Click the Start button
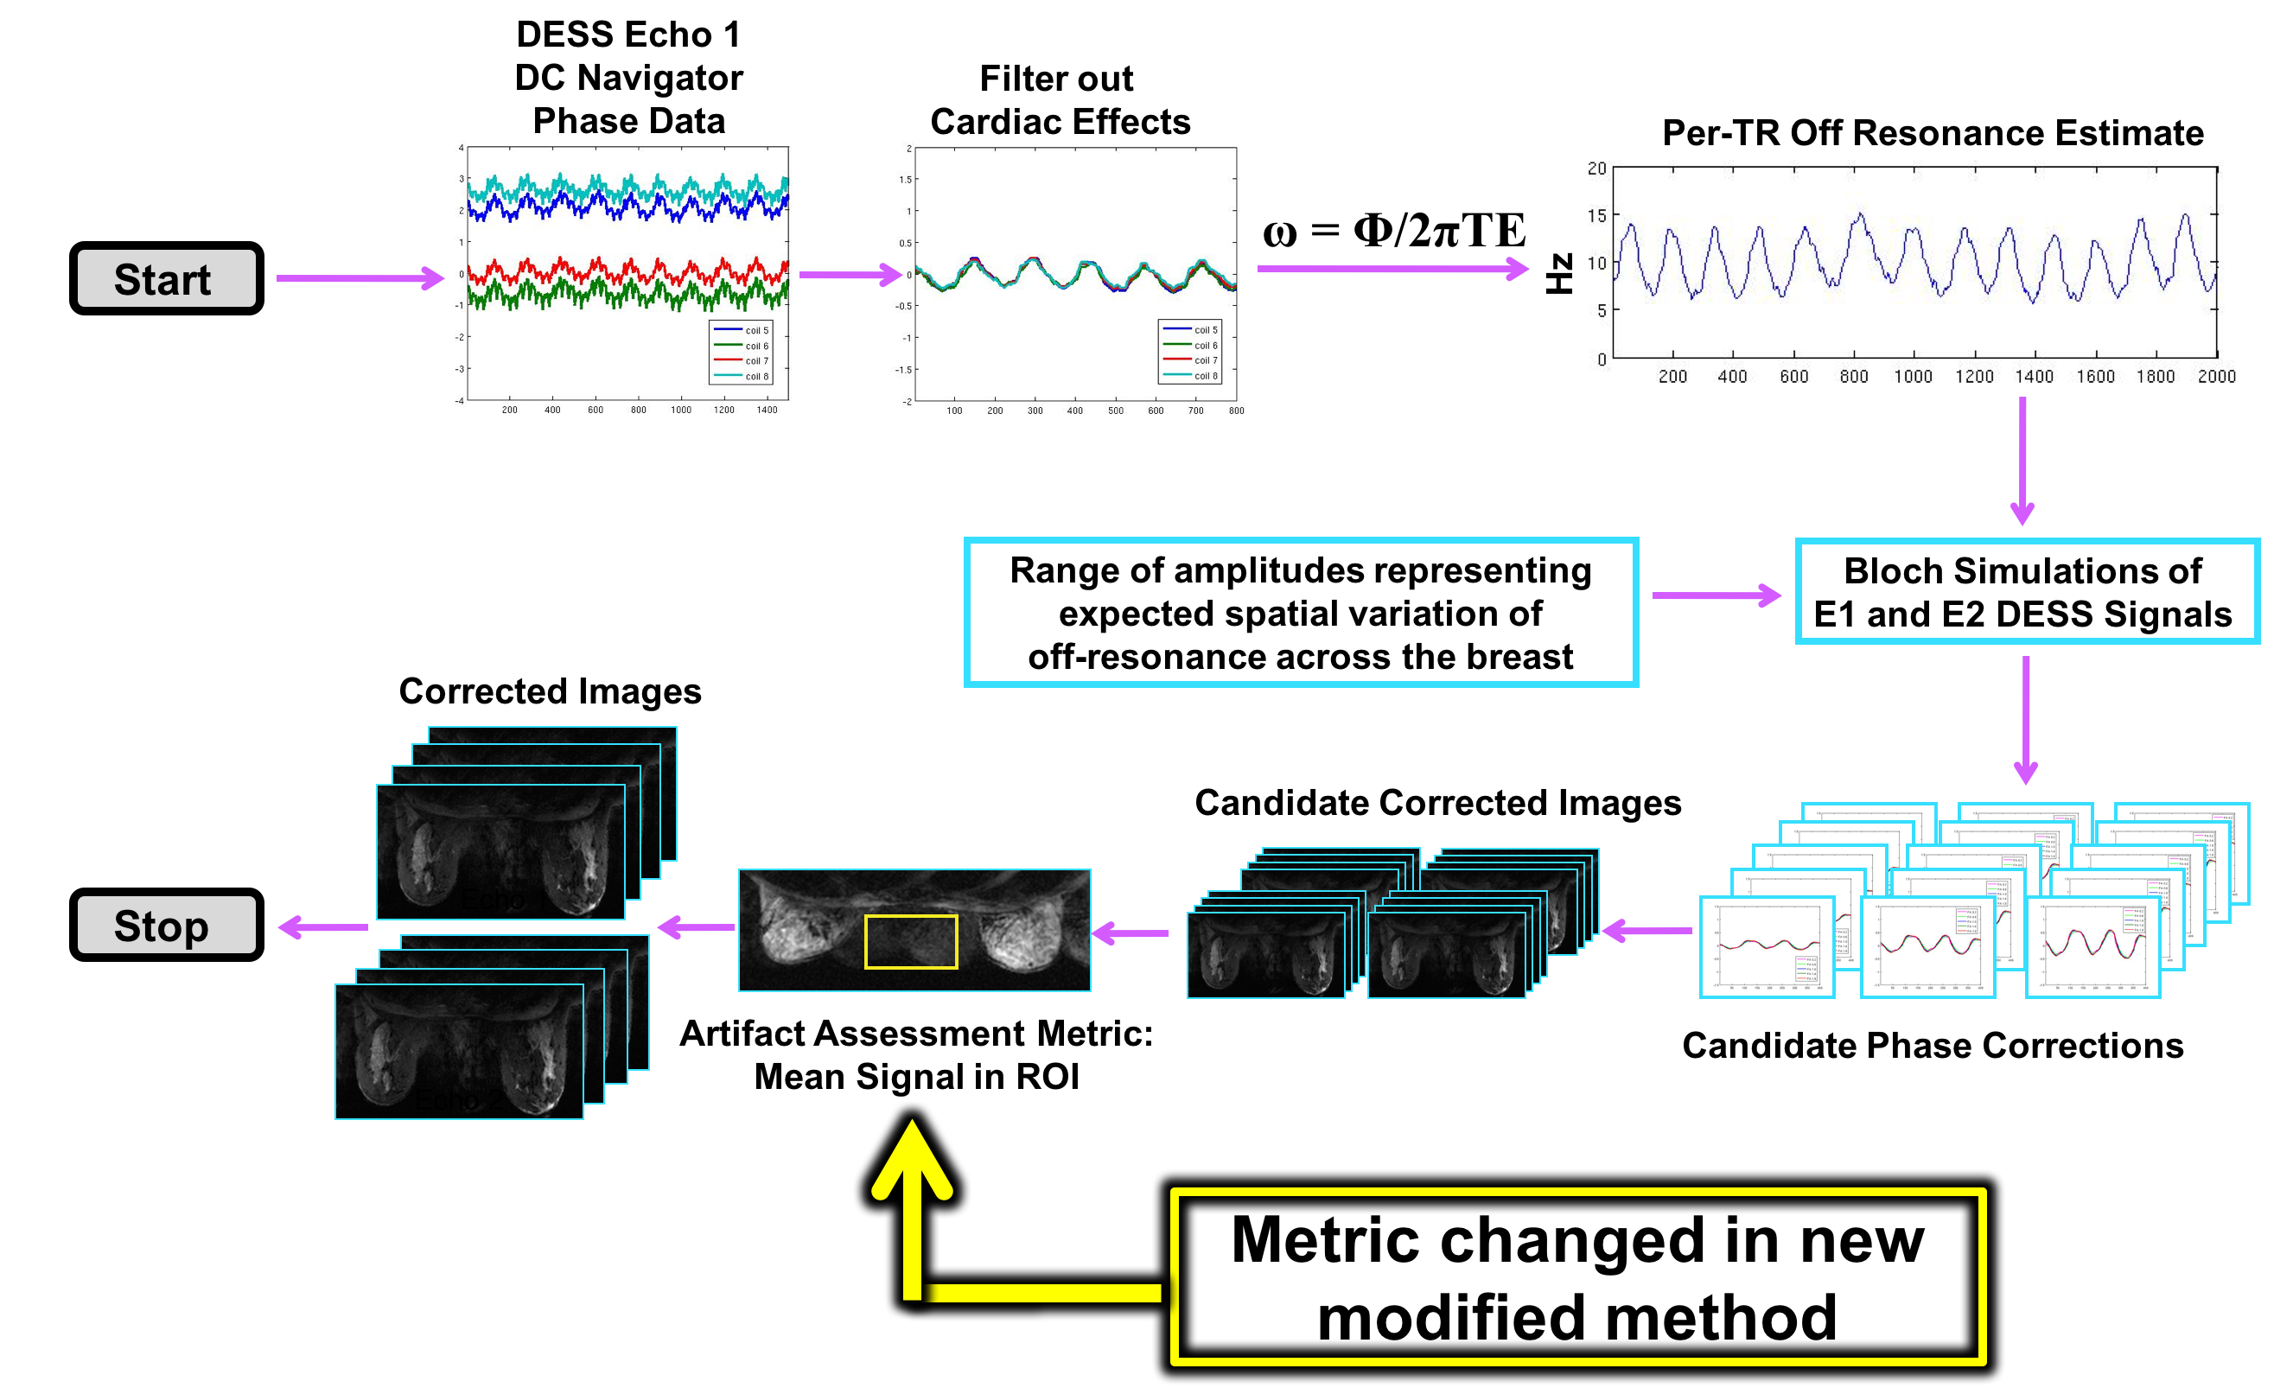(x=166, y=278)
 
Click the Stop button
(x=166, y=925)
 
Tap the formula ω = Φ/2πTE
(x=1393, y=230)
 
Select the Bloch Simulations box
(x=2026, y=591)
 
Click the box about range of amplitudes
(x=1300, y=613)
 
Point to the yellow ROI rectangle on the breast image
(x=910, y=942)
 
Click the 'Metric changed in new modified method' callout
(x=1577, y=1277)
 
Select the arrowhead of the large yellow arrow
(x=912, y=1159)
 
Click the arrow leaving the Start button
(x=360, y=277)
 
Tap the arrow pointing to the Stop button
(x=323, y=926)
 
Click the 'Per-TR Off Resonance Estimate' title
(x=1932, y=133)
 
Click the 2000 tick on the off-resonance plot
(x=2216, y=376)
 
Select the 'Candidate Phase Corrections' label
(x=1932, y=1045)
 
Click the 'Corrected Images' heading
(x=550, y=691)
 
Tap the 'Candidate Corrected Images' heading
(x=1438, y=802)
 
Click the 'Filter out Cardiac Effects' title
(x=1059, y=100)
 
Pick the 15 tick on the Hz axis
(x=1597, y=216)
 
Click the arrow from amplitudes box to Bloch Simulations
(x=1716, y=595)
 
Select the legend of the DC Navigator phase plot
(x=741, y=353)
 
